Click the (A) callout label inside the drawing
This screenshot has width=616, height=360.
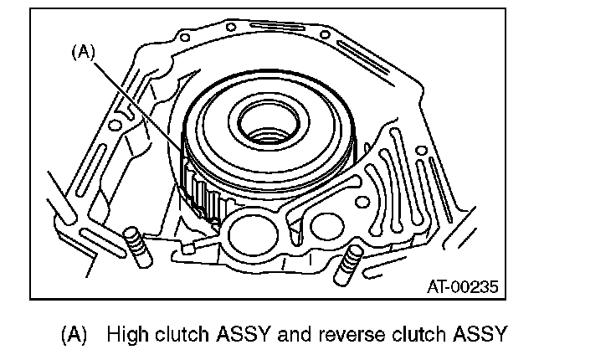pyautogui.click(x=84, y=52)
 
